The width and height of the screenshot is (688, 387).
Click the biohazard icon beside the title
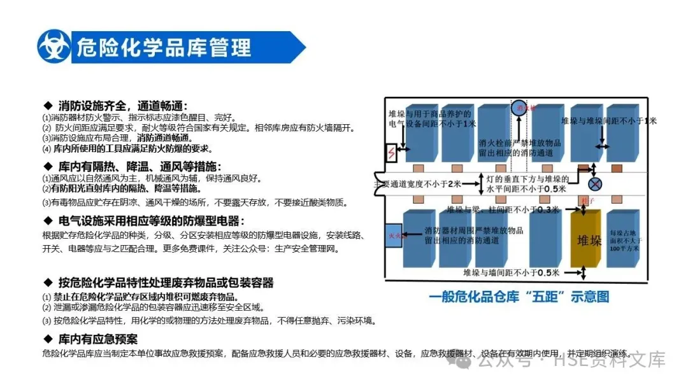tap(54, 46)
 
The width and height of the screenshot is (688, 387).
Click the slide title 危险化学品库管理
tap(163, 47)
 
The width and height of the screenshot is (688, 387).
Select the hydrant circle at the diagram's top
tap(521, 107)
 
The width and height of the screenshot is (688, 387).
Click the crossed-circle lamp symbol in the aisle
tap(595, 185)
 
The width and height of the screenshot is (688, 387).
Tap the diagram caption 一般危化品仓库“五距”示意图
tap(519, 296)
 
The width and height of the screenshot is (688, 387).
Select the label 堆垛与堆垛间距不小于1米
tap(608, 120)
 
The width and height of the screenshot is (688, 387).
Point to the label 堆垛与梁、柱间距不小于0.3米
tap(503, 209)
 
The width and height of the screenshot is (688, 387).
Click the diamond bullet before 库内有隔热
tap(47, 167)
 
